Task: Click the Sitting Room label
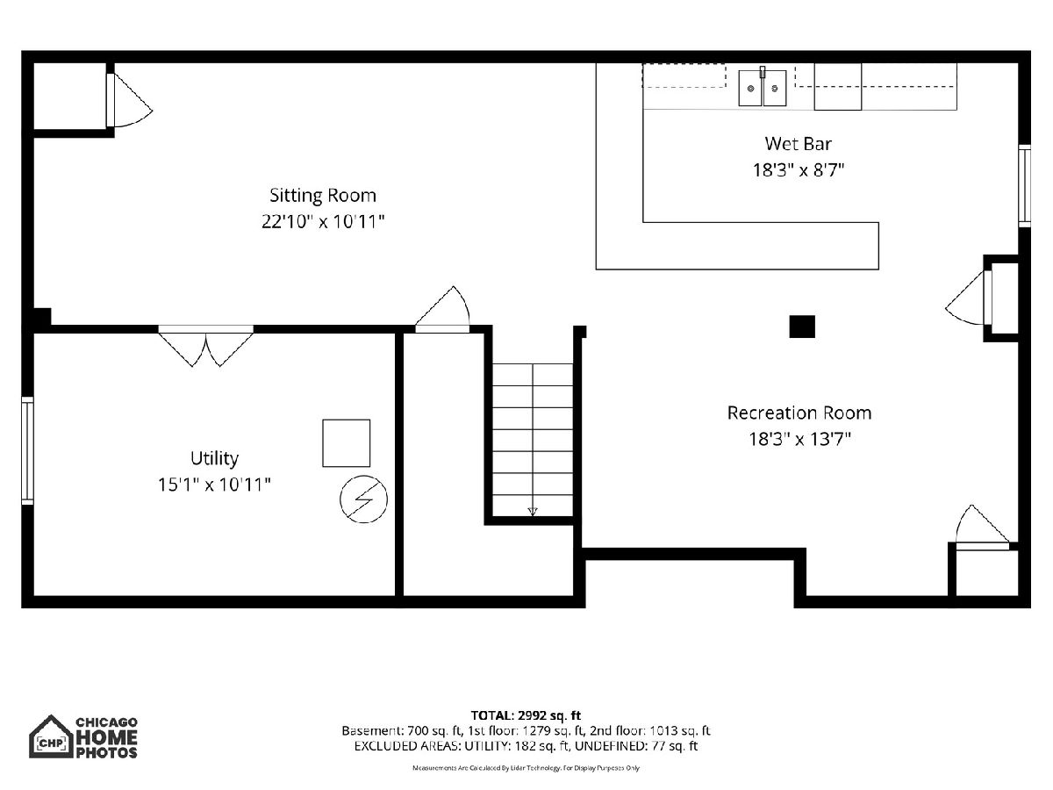pos(322,195)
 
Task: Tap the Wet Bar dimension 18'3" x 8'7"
pos(798,169)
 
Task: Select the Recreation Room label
pos(799,413)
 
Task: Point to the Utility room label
pos(214,458)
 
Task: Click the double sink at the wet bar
pos(763,88)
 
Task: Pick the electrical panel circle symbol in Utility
pos(363,499)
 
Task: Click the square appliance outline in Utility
pos(346,443)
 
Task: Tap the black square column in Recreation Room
pos(802,327)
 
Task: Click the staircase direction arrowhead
pos(533,512)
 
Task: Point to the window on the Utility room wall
pos(28,450)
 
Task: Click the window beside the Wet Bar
pos(1024,185)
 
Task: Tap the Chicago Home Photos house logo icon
pos(51,736)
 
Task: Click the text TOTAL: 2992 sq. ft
pos(526,715)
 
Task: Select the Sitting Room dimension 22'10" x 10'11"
pos(323,221)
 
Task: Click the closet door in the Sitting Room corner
pos(129,100)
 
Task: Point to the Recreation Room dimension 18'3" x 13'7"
pos(799,439)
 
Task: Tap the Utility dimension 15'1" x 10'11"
pos(214,485)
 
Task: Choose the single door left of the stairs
pos(442,309)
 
